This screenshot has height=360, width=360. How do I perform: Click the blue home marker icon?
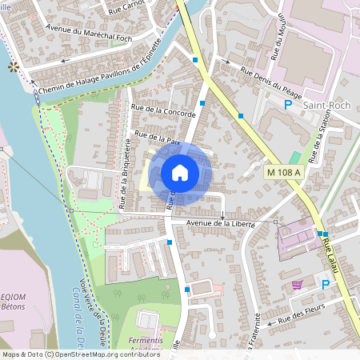(x=180, y=173)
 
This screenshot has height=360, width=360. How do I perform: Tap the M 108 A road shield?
(x=284, y=172)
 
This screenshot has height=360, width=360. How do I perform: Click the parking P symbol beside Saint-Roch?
(x=288, y=105)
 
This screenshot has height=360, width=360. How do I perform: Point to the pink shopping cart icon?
(x=297, y=285)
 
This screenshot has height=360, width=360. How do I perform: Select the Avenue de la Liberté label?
(x=220, y=223)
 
